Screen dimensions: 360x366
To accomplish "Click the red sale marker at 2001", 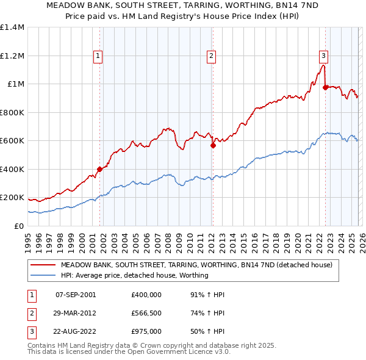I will pyautogui.click(x=99, y=169).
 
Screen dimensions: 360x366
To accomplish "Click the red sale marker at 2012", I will pyautogui.click(x=213, y=146).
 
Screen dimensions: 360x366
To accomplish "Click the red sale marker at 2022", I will pyautogui.click(x=325, y=87).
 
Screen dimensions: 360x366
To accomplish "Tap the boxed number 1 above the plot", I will pyautogui.click(x=99, y=56).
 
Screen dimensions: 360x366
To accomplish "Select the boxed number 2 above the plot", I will pyautogui.click(x=212, y=56).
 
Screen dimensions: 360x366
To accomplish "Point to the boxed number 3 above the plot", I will pyautogui.click(x=324, y=56).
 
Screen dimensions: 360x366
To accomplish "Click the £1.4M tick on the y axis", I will pyautogui.click(x=12, y=27).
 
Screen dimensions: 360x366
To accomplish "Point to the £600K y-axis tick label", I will pyautogui.click(x=12, y=141).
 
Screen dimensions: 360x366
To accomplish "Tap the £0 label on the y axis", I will pyautogui.click(x=18, y=226).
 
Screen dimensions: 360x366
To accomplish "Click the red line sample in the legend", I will pyautogui.click(x=43, y=265).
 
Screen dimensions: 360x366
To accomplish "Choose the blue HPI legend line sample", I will pyautogui.click(x=43, y=276).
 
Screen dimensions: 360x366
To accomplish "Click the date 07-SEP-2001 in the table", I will pyautogui.click(x=76, y=295).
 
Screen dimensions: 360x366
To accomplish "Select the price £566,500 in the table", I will pyautogui.click(x=146, y=313).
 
